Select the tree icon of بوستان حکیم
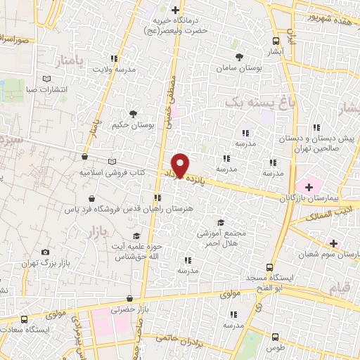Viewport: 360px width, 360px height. (x=132, y=113)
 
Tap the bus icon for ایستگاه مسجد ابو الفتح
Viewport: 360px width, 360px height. (x=269, y=267)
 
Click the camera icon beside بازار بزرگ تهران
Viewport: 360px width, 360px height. (x=46, y=252)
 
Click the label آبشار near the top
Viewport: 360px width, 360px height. (x=275, y=53)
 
